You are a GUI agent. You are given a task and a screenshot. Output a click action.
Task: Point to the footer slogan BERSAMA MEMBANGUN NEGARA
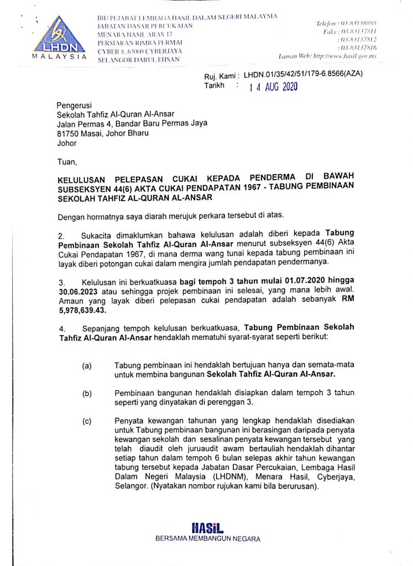pos(207,538)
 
